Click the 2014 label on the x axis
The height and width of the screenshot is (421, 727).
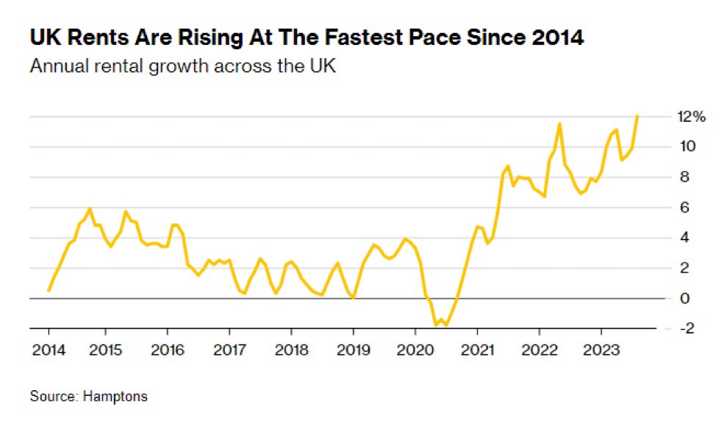48,349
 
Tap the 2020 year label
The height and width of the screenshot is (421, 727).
414,349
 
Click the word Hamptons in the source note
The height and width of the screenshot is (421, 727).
114,397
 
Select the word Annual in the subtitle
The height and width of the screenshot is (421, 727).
55,66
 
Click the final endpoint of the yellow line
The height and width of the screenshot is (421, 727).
637,116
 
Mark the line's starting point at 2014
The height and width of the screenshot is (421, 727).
49,290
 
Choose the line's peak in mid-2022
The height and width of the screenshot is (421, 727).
560,124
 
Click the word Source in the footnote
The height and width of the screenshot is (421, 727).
52,397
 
